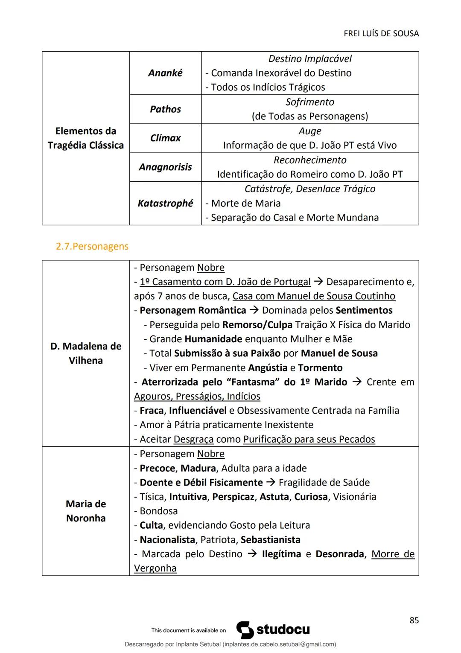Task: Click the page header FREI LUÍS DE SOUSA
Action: tap(381, 33)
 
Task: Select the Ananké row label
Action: tap(165, 73)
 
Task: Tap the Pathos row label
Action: tap(165, 109)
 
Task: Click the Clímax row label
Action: tap(165, 138)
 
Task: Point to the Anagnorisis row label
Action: tap(165, 167)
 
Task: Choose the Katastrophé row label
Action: tap(165, 203)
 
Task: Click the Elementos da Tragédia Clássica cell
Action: tap(86, 138)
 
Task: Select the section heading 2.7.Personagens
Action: tap(92, 247)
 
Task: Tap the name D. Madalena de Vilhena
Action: tap(86, 353)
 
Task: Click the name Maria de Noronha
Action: tap(86, 511)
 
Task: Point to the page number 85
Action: tap(414, 621)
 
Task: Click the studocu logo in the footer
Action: tap(273, 630)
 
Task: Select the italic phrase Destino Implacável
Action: tap(310, 59)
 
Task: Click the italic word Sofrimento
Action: tap(310, 102)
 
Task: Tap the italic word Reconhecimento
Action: tap(310, 160)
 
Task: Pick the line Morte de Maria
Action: tap(245, 203)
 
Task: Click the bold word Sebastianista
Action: tap(270, 540)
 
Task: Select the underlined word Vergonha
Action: tap(155, 568)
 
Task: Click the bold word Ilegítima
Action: tap(281, 554)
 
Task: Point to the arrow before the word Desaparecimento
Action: tap(318, 282)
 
